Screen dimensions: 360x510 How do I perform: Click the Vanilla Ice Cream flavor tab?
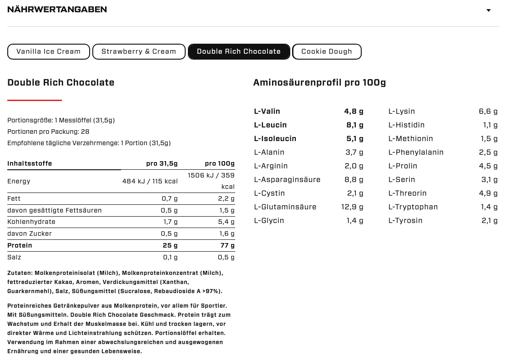click(48, 51)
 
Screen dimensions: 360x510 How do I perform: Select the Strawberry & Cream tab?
click(139, 51)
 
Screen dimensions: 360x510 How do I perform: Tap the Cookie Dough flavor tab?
click(327, 51)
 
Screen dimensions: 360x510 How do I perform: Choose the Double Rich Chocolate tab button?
click(239, 51)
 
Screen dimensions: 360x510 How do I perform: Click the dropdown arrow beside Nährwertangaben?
click(489, 10)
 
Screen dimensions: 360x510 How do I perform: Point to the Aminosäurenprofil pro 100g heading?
click(319, 82)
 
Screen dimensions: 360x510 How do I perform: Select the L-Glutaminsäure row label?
click(285, 207)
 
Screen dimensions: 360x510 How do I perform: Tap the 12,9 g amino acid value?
click(352, 207)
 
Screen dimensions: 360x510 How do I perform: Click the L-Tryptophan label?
click(413, 207)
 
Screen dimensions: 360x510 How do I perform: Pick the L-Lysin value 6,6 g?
click(488, 111)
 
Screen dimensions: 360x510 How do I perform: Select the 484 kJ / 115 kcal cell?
click(150, 181)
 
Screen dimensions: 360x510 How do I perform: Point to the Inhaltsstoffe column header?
click(30, 163)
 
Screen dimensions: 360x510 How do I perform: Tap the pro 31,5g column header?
click(162, 163)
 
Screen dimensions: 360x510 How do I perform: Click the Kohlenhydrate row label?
click(31, 222)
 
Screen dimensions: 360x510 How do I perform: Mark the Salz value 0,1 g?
click(170, 257)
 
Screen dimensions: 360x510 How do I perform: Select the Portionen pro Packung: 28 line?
click(48, 132)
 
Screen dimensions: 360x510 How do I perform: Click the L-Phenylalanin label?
click(416, 152)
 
